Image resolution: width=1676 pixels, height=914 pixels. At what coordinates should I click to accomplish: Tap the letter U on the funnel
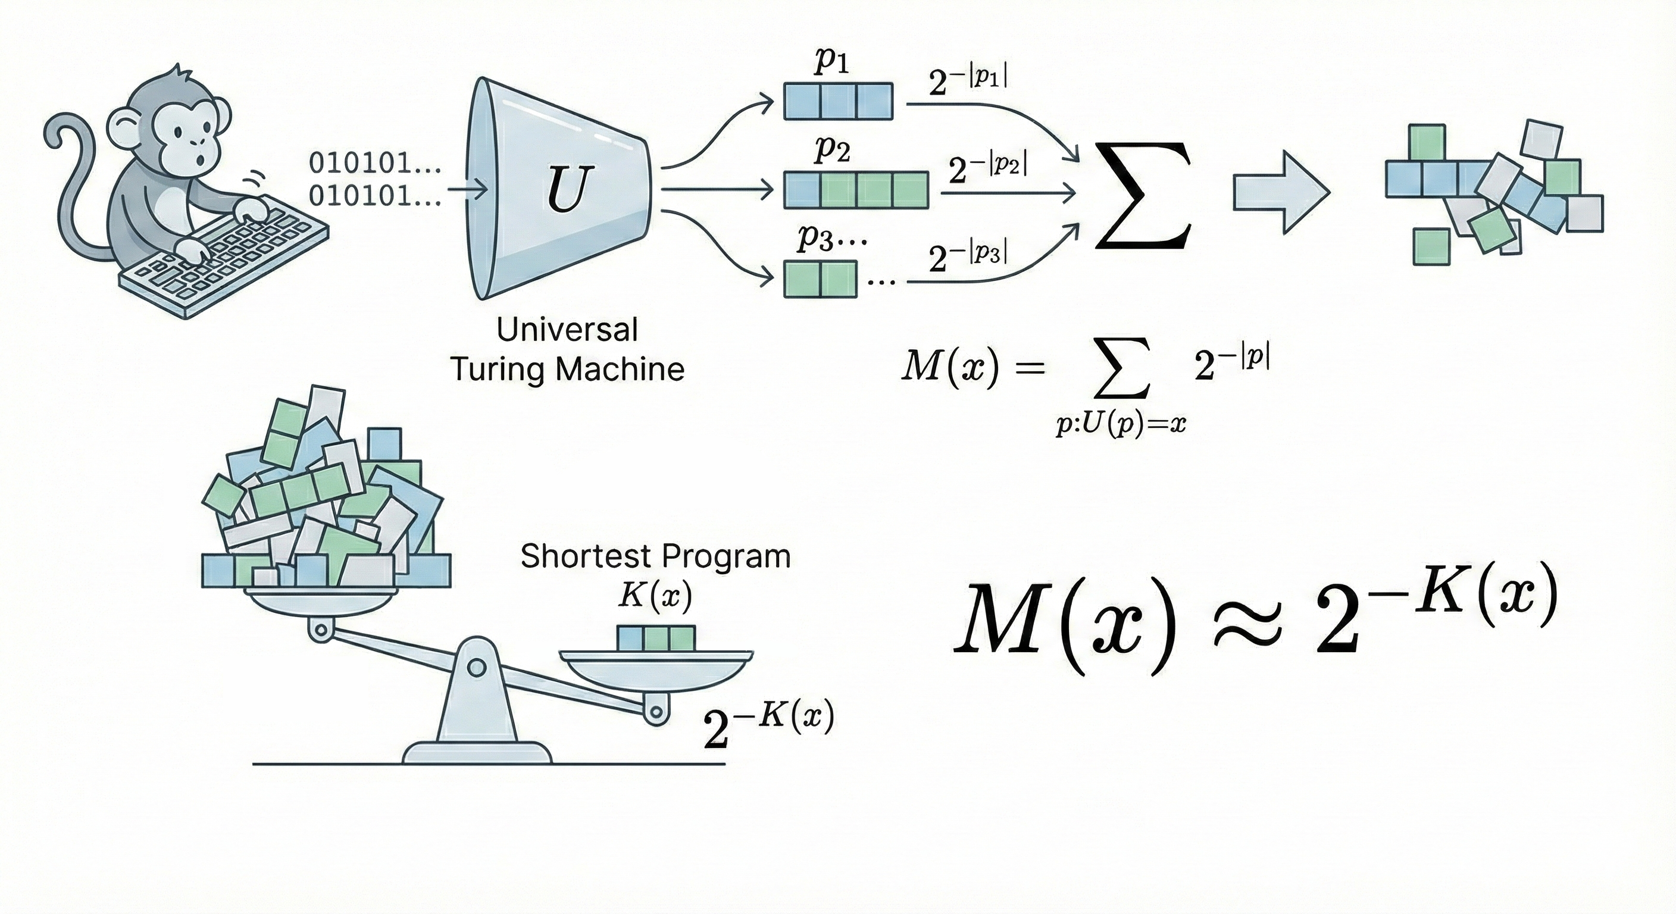coord(565,188)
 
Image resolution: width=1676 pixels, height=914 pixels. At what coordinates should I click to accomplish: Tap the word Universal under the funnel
coord(567,330)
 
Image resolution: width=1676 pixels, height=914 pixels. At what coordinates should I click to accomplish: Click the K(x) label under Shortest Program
coord(654,595)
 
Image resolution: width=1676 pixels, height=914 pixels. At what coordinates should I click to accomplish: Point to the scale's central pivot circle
coord(477,668)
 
